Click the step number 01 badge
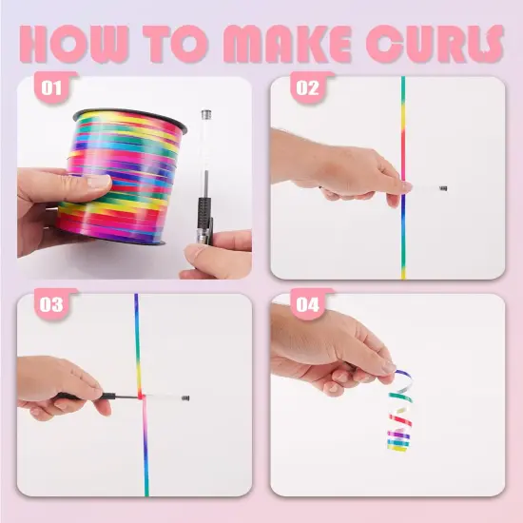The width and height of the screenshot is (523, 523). coord(51,87)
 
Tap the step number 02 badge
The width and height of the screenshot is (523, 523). coord(307,87)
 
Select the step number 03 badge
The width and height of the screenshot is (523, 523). coord(51,304)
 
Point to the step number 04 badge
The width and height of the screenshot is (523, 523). coord(307,304)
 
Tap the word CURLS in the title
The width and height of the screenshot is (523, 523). coord(435,44)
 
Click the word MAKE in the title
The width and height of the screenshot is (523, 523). coord(287,44)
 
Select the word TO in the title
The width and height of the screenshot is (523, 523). coord(176,44)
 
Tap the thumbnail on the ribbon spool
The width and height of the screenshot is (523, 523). coord(98,183)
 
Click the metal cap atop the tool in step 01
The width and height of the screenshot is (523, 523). coord(206,114)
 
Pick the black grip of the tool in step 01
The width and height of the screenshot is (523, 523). coord(204,212)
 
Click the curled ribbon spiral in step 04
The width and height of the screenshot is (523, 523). coord(401,411)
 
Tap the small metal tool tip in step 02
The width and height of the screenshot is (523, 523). coord(443,188)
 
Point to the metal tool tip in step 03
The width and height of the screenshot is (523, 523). coord(185,397)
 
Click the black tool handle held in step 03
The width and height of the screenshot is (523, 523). coord(97,397)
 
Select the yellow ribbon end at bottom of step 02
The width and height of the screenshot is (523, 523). coord(403,273)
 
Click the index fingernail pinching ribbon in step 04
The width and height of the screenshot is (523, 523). coord(389,366)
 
